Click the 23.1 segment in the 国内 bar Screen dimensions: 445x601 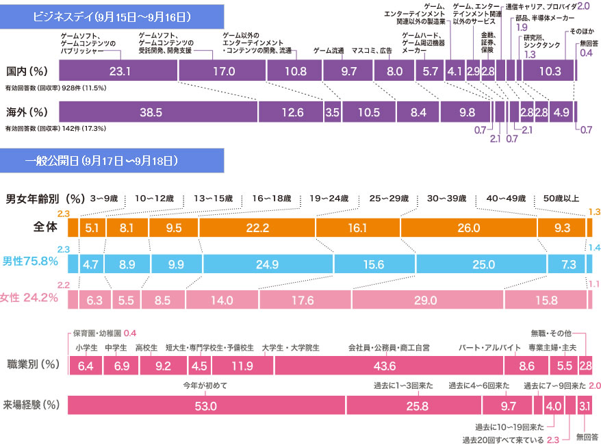118,71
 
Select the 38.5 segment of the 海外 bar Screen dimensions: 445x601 159,112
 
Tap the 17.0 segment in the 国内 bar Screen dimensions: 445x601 222,71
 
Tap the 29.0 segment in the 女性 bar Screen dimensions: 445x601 427,300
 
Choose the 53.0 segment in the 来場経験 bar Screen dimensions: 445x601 205,406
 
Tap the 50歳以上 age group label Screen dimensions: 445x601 561,199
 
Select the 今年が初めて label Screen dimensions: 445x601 205,386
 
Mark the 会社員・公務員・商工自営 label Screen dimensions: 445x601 389,348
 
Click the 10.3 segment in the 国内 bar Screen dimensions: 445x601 550,71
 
